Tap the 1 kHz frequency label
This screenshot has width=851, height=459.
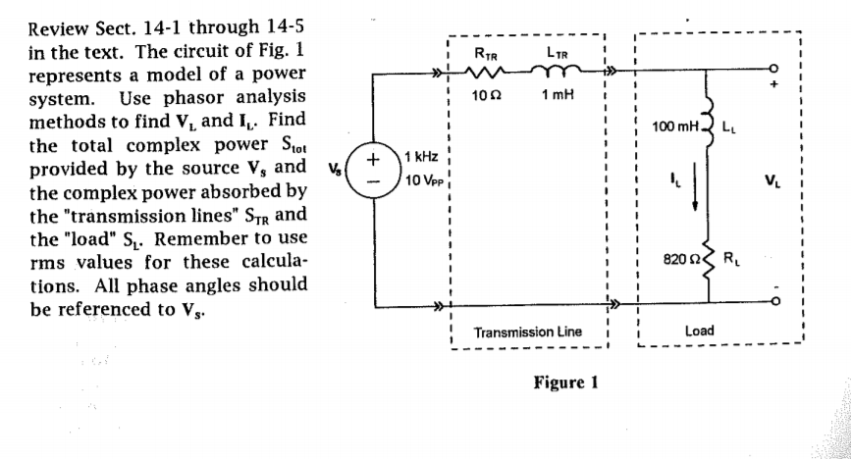point(422,158)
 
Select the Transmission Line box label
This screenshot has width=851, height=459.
point(527,332)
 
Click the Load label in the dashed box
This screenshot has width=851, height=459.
point(699,331)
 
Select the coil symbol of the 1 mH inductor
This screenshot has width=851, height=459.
point(558,69)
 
